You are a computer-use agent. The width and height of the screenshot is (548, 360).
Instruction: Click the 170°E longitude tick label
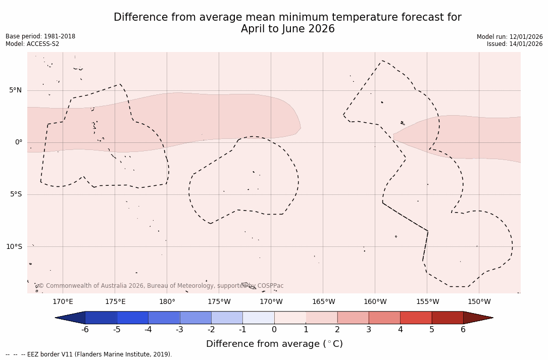pyautogui.click(x=63, y=302)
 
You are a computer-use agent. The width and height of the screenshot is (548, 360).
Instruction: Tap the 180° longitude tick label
pyautogui.click(x=167, y=302)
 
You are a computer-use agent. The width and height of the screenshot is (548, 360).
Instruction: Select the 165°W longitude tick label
pyautogui.click(x=323, y=302)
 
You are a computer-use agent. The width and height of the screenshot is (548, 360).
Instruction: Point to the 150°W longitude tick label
pyautogui.click(x=479, y=302)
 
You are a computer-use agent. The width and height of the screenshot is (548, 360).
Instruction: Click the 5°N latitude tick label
pyautogui.click(x=15, y=90)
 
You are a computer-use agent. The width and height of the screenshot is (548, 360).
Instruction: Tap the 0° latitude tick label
pyautogui.click(x=19, y=142)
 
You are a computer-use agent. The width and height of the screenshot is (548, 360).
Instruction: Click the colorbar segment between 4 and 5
pyautogui.click(x=416, y=318)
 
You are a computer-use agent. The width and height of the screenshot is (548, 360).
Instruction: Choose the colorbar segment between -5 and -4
pyautogui.click(x=132, y=318)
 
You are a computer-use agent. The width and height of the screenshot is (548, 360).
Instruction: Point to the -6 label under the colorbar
pyautogui.click(x=85, y=330)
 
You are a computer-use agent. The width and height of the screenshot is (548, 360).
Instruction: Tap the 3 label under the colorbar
pyautogui.click(x=369, y=330)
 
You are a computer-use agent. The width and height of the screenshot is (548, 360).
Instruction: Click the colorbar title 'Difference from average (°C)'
pyautogui.click(x=274, y=344)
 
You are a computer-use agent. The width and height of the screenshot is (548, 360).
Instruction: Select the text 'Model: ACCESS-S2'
pyautogui.click(x=32, y=44)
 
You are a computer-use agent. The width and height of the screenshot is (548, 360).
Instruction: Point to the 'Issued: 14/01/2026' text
pyautogui.click(x=515, y=44)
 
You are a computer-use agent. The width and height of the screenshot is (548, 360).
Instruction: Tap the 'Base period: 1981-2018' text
pyautogui.click(x=40, y=36)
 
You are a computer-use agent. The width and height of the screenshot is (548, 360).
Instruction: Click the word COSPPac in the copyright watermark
pyautogui.click(x=270, y=286)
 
